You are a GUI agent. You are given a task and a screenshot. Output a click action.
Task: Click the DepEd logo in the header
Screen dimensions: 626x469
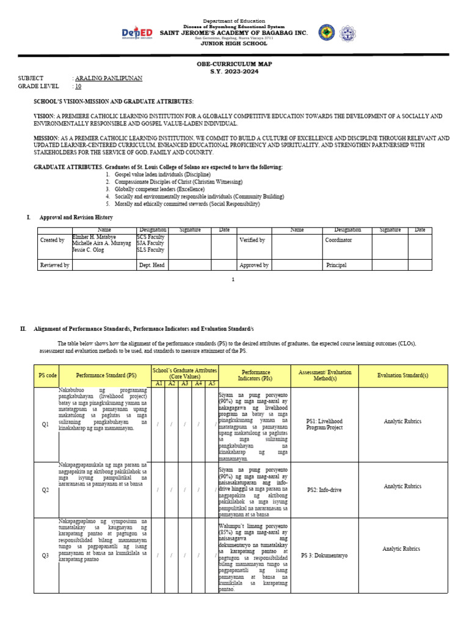[137, 32]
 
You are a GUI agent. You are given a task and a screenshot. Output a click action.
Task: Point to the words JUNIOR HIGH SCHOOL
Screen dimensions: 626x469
[234, 43]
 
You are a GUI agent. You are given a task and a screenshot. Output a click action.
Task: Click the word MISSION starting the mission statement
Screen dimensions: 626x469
[46, 139]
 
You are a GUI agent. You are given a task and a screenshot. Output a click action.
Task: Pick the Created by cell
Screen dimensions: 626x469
[53, 240]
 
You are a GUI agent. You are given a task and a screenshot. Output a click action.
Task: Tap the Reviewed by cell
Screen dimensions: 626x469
[54, 265]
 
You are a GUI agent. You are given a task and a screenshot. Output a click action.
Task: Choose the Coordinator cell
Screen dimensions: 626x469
[338, 240]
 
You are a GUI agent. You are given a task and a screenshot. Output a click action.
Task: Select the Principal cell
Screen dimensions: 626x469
[336, 265]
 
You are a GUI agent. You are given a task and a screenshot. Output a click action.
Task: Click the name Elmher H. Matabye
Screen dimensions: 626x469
[94, 236]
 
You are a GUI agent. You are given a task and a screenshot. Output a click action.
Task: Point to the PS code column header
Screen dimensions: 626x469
[48, 375]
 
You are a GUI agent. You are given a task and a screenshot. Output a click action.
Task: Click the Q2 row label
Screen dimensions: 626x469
[45, 490]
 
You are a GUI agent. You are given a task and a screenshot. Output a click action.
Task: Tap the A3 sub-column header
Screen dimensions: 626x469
[184, 383]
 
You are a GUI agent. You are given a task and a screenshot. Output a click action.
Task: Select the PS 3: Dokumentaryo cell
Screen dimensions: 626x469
[324, 556]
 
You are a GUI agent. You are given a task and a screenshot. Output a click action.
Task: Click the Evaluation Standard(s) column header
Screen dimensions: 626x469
[402, 375]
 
